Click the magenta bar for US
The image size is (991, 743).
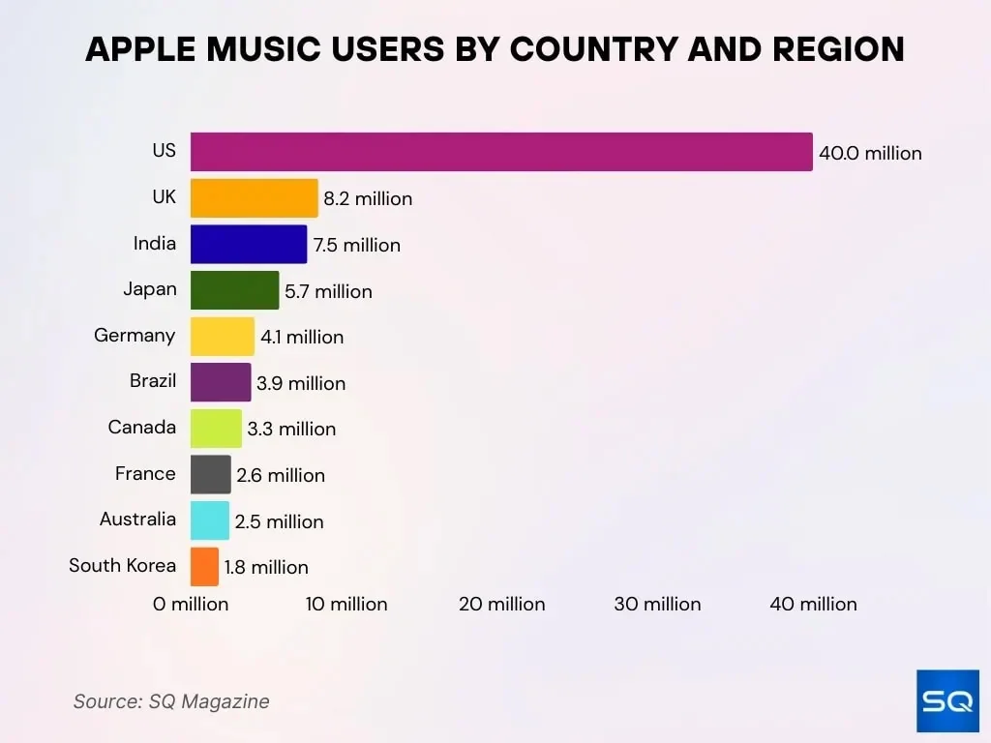501,152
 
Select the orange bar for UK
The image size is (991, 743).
254,197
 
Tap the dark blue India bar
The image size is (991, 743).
249,244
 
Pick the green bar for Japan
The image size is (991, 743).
234,290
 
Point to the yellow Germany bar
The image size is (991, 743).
223,337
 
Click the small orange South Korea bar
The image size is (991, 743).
204,566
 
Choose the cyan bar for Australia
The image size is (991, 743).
210,520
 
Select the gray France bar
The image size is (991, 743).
211,474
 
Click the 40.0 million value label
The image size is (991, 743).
870,153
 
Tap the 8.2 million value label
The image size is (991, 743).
368,198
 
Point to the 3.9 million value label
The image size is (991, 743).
301,383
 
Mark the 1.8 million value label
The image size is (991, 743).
266,567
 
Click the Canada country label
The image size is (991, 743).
142,428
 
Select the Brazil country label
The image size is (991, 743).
153,381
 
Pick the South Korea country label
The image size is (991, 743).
123,565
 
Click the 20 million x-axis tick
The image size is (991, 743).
501,604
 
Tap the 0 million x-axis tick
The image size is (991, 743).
191,604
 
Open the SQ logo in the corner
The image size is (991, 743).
947,700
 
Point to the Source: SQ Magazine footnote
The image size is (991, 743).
171,701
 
